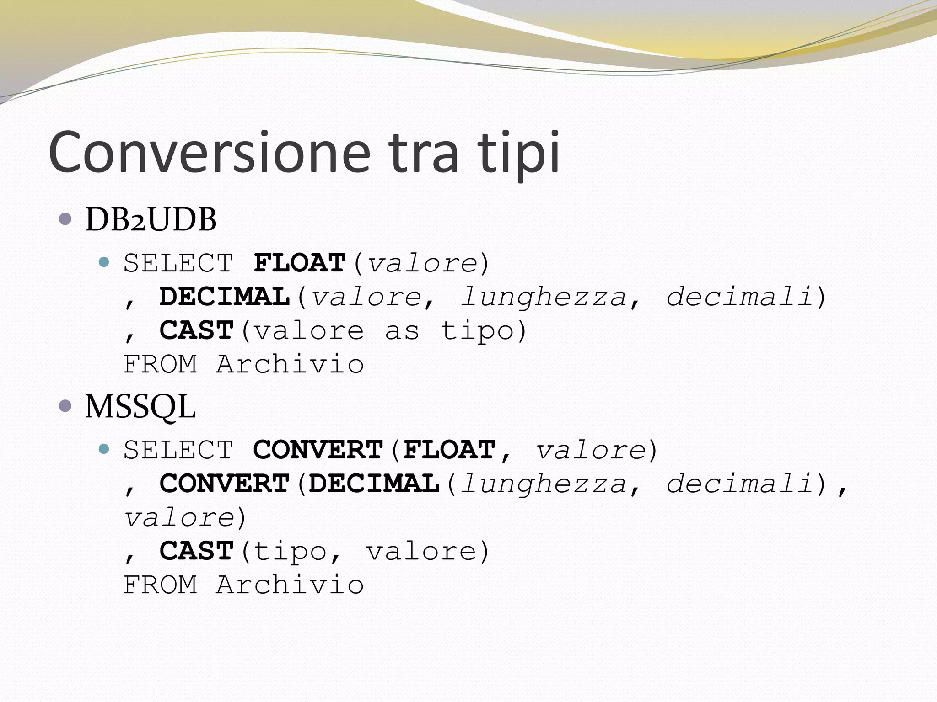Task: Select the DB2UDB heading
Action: coord(151,220)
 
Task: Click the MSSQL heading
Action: coord(140,406)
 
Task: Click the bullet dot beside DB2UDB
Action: coord(65,219)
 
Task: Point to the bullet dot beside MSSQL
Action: coord(65,405)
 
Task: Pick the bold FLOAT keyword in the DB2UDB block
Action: coord(300,263)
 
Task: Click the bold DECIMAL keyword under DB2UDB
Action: coord(225,297)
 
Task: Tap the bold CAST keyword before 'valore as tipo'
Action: coord(197,330)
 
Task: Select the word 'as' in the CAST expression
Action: coord(402,331)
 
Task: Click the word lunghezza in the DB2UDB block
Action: coord(543,298)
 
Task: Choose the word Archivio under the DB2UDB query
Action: coord(290,364)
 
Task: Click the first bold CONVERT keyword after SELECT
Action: coord(318,450)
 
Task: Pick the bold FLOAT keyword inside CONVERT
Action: coord(450,450)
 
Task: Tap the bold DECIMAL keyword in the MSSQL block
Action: coord(374,484)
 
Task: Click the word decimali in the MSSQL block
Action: coord(739,484)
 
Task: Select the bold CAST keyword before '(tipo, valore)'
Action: coord(197,551)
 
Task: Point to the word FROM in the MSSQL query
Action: coord(161,585)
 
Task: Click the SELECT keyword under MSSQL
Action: coord(178,450)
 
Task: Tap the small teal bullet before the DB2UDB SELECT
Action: coord(104,262)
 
